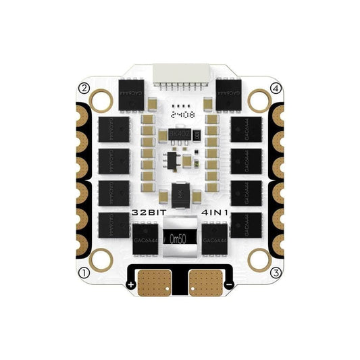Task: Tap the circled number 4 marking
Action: click(x=275, y=88)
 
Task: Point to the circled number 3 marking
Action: click(x=275, y=273)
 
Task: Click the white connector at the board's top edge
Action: click(x=180, y=75)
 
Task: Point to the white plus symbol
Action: click(x=130, y=286)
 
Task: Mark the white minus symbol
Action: click(x=229, y=286)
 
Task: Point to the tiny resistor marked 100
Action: click(x=195, y=136)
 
